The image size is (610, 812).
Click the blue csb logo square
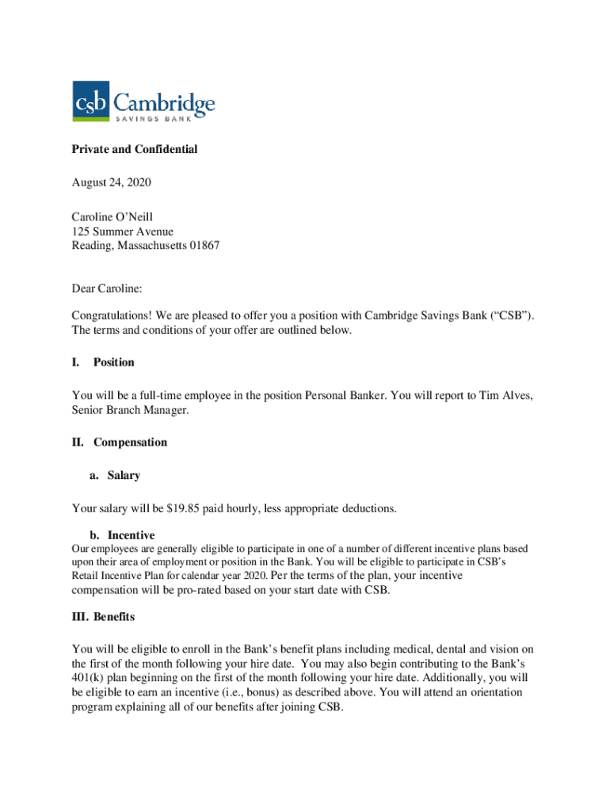point(91,101)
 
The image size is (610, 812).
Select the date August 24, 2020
point(111,182)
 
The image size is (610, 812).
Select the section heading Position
point(114,362)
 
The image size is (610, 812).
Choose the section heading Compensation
point(130,442)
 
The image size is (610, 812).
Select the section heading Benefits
point(114,616)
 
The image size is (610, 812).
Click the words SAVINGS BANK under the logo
point(163,119)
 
